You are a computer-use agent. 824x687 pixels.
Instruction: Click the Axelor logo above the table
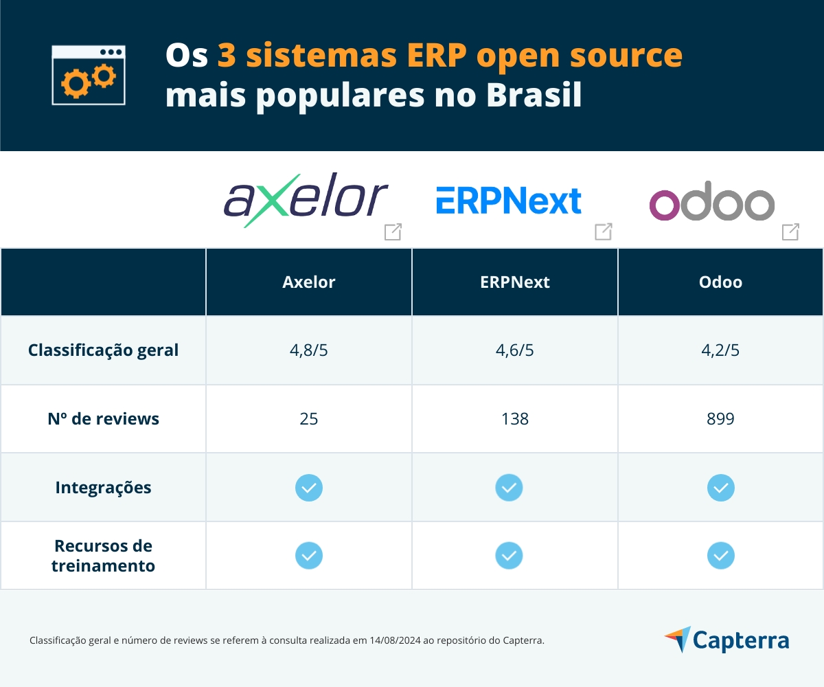point(306,199)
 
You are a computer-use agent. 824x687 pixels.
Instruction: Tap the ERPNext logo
point(509,201)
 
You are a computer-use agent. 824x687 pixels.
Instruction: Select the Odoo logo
point(712,204)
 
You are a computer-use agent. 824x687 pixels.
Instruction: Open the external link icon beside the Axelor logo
point(393,232)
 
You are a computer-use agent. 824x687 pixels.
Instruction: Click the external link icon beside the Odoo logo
point(790,232)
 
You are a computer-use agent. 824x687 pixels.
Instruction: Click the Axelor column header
point(309,282)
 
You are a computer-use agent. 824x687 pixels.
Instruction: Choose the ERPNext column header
point(515,282)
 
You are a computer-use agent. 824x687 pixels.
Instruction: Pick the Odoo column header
point(720,282)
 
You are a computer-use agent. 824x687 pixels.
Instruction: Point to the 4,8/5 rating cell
point(309,350)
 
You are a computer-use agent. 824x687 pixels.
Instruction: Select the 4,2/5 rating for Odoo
point(720,350)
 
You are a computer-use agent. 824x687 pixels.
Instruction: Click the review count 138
point(515,418)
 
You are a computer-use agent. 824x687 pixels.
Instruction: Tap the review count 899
point(720,418)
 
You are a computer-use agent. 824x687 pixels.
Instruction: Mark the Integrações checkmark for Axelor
point(309,488)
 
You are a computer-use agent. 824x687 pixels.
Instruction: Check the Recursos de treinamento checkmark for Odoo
point(720,555)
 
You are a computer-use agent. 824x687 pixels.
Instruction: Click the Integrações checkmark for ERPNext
point(509,488)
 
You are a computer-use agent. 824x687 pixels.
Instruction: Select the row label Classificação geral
point(103,350)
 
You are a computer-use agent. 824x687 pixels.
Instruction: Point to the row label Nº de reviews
point(103,418)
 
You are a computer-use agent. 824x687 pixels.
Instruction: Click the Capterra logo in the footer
point(727,640)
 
